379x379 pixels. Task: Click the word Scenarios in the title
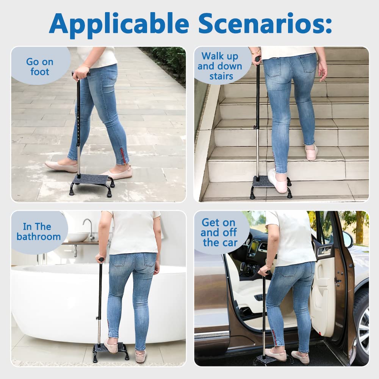[x=265, y=23]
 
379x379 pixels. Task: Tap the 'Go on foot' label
[x=40, y=67]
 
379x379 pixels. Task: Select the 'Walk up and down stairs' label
[x=220, y=66]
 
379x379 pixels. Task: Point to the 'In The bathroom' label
[x=39, y=232]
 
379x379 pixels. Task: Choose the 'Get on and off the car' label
[x=219, y=233]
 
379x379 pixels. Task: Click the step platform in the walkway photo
[x=92, y=180]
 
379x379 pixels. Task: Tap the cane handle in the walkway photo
[x=80, y=74]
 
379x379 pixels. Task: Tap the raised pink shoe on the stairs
[x=312, y=152]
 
